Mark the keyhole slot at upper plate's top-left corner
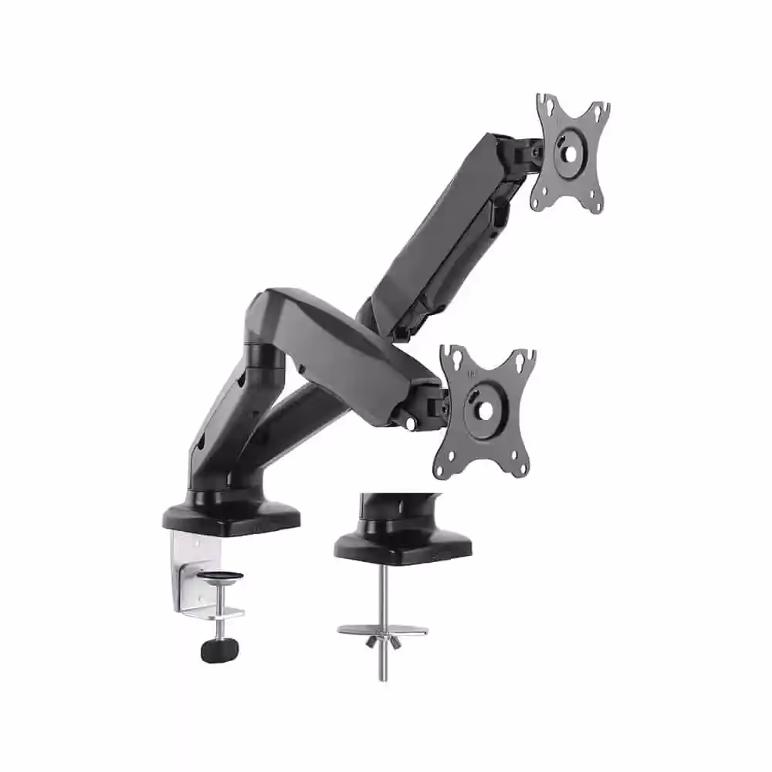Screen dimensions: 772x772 pyautogui.click(x=546, y=103)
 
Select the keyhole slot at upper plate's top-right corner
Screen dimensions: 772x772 pyautogui.click(x=601, y=110)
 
